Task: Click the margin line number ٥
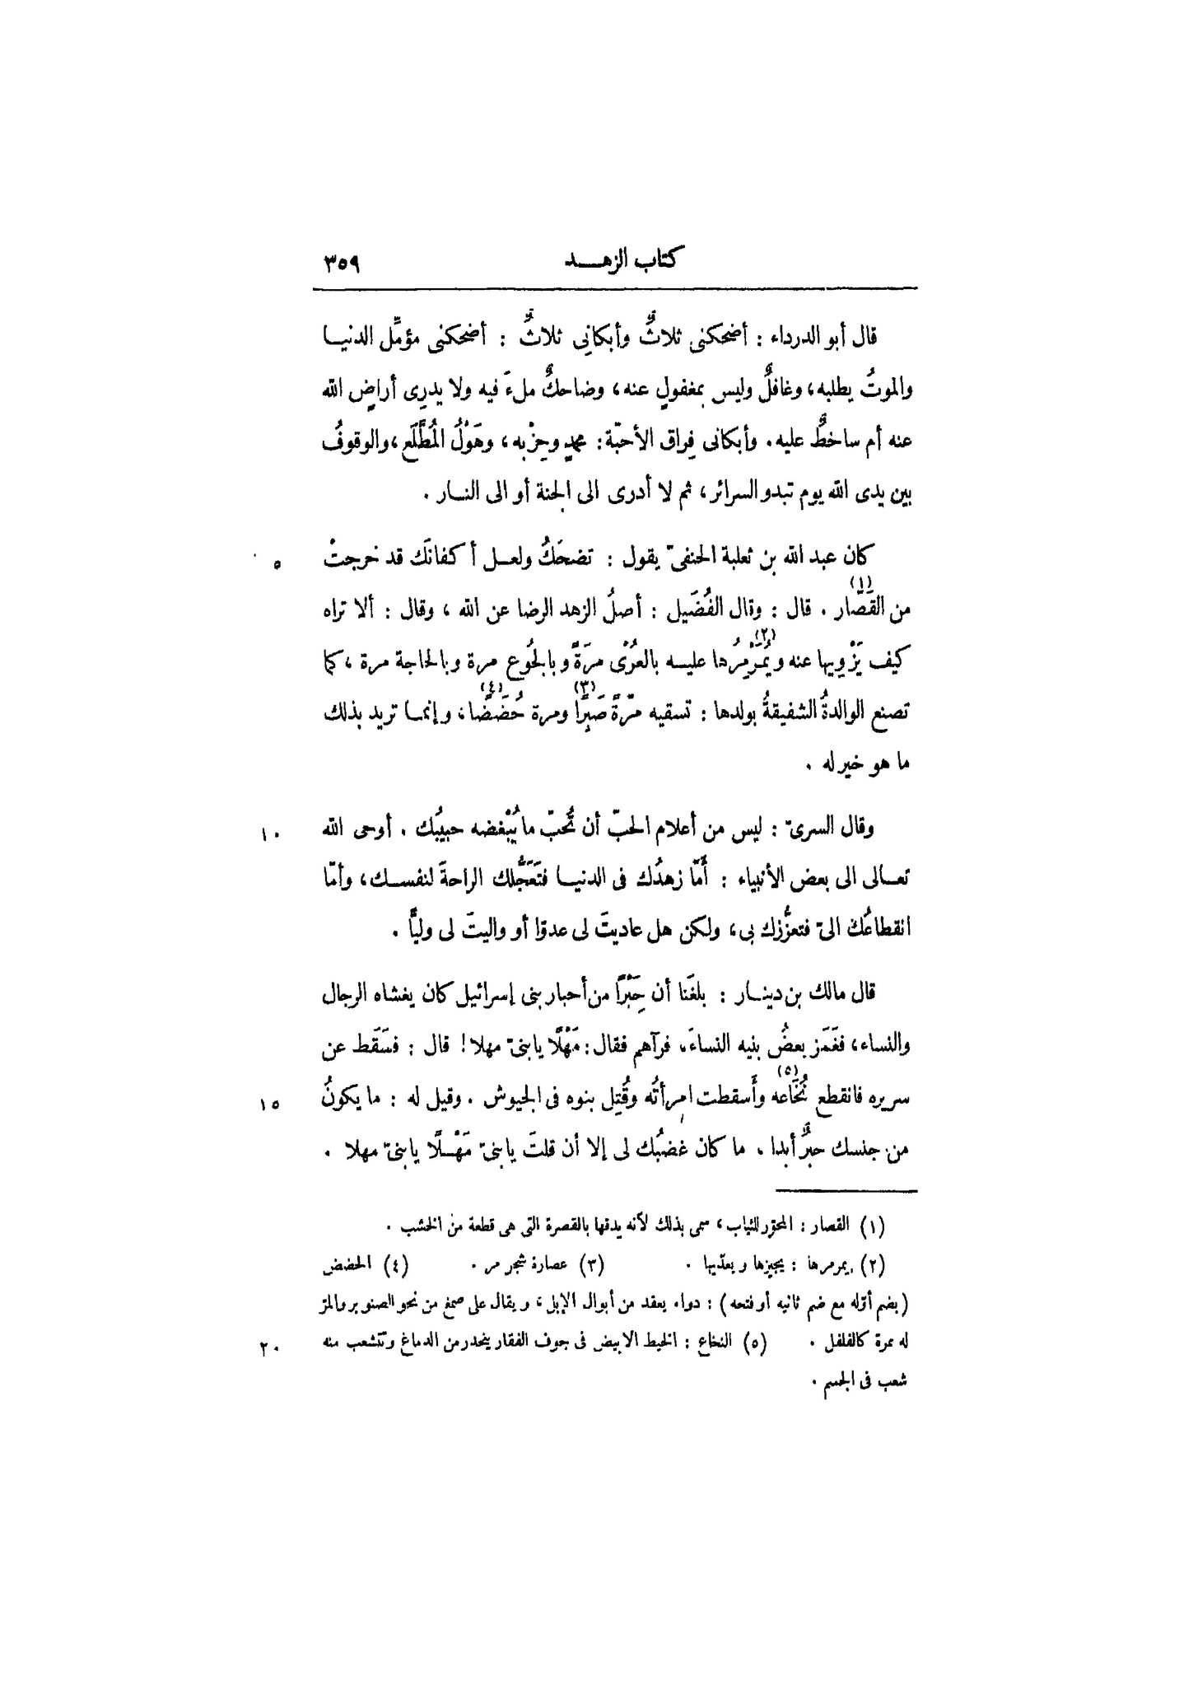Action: [x=277, y=564]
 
